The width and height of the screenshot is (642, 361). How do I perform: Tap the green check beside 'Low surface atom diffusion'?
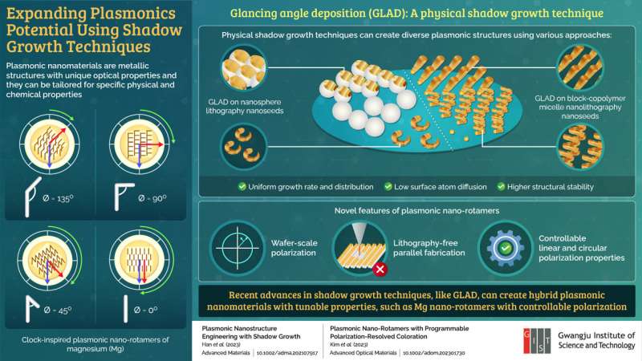387,187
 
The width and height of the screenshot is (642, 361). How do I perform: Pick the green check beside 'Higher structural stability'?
502,187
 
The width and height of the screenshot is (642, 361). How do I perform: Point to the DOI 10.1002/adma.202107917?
282,351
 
